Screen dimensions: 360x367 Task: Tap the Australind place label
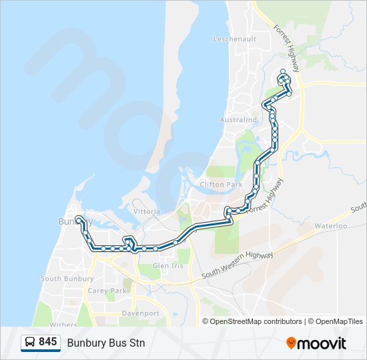click(x=238, y=120)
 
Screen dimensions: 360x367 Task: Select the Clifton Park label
click(x=221, y=185)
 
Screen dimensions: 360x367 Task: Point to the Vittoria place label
click(x=147, y=211)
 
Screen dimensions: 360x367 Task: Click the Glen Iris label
click(x=167, y=265)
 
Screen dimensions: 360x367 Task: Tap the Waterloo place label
click(x=332, y=226)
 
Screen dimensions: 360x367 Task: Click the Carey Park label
click(x=107, y=291)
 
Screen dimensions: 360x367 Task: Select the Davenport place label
click(x=140, y=313)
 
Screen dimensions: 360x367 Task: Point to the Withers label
click(x=63, y=325)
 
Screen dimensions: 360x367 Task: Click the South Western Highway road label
click(x=238, y=265)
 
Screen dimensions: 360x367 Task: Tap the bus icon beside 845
click(x=30, y=343)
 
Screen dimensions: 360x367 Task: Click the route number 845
click(x=47, y=342)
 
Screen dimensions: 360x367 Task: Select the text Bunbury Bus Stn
click(x=105, y=343)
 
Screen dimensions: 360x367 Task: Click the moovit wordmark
click(x=322, y=343)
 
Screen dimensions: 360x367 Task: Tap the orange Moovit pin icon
click(x=291, y=343)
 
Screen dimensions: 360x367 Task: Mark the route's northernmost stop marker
click(x=283, y=71)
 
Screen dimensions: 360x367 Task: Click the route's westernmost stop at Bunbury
click(x=78, y=219)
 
